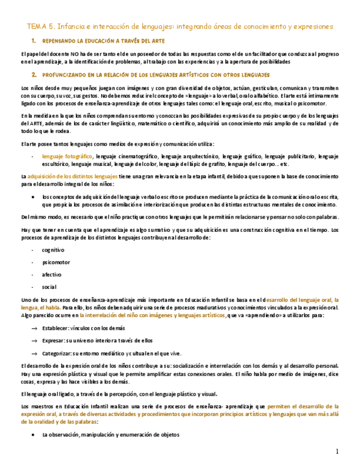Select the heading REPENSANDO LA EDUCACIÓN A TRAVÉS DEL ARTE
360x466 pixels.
pos(103,41)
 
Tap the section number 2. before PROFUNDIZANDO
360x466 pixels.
pos(34,75)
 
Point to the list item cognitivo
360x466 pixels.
pos(53,249)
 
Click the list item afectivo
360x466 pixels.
pos(52,274)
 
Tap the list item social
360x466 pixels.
pos(49,287)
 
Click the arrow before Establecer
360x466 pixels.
pos(34,328)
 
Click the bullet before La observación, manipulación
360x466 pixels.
pos(34,435)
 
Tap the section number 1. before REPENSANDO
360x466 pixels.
pos(34,41)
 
